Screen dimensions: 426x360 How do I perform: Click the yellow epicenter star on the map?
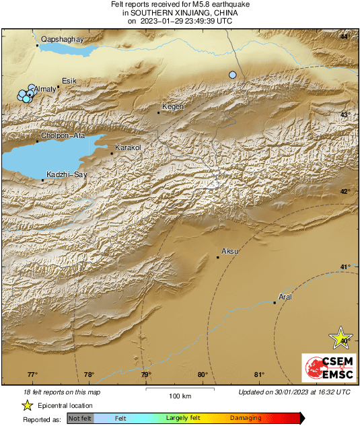point(341,338)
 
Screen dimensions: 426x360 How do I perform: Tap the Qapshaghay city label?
point(62,40)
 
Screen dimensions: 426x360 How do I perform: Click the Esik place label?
point(70,81)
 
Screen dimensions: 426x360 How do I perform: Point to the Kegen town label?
point(174,107)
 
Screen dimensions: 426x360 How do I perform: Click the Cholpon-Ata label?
point(63,135)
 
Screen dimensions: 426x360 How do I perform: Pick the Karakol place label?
point(127,147)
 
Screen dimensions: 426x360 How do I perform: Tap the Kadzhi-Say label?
point(65,174)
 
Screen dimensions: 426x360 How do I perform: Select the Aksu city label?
point(230,251)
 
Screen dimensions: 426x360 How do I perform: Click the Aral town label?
point(286,297)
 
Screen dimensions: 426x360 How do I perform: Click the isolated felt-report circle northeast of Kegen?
point(233,75)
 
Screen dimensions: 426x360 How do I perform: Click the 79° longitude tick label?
point(146,375)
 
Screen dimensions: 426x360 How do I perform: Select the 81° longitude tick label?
point(259,375)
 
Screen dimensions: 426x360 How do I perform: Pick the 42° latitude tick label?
point(345,192)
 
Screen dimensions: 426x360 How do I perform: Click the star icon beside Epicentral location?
point(28,405)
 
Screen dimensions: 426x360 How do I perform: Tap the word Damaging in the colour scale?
point(246,418)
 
